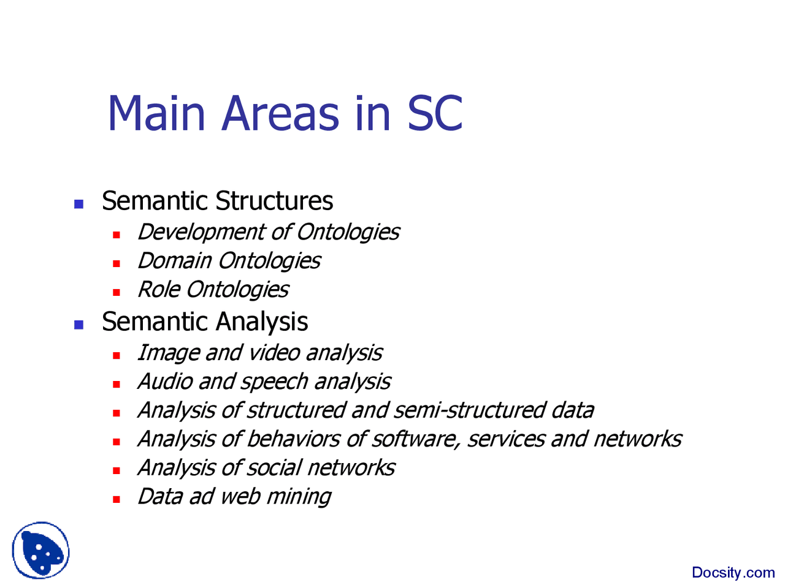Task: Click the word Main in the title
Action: [156, 113]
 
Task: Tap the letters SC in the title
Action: [435, 113]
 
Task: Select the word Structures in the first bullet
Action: [274, 201]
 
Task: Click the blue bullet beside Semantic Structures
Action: [78, 204]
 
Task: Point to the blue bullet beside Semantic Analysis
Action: [78, 325]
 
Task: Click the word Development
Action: [201, 233]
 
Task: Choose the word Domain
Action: [175, 261]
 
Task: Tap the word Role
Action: [159, 290]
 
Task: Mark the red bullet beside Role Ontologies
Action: [117, 293]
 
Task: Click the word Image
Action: [167, 354]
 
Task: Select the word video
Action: [274, 353]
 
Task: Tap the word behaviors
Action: [293, 439]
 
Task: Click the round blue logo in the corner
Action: [40, 550]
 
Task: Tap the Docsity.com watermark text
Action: [733, 572]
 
